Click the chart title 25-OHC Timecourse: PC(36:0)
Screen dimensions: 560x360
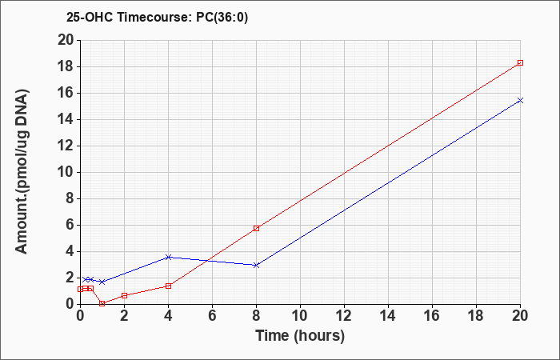(157, 18)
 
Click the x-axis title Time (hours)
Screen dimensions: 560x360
(300, 336)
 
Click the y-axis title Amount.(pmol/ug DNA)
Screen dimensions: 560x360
(22, 172)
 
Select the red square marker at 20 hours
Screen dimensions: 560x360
(520, 63)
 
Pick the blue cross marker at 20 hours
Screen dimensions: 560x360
(520, 100)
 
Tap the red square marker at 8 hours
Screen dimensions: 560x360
(256, 228)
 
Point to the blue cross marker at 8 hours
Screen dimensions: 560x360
(256, 266)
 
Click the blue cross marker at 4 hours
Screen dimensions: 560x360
(169, 257)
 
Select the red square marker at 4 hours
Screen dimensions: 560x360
(169, 286)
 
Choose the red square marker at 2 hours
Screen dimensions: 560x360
(124, 296)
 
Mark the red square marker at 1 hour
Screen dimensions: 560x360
(102, 303)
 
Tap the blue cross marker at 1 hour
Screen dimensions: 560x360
(102, 282)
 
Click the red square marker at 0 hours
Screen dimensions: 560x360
(80, 290)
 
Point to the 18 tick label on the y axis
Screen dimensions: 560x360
(66, 66)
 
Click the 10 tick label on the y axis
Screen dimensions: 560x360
(66, 173)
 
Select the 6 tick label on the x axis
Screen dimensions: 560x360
(212, 316)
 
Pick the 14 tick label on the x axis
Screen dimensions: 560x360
(388, 316)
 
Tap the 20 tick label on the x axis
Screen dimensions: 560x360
(520, 316)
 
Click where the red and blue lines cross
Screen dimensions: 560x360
(207, 261)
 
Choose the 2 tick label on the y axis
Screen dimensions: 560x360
(70, 278)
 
